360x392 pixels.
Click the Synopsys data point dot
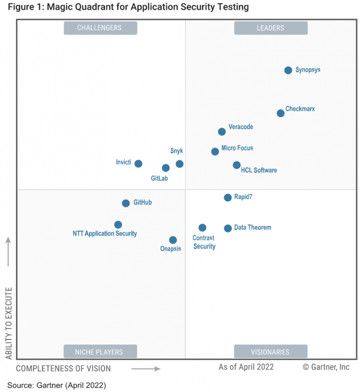point(288,70)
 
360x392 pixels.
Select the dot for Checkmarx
point(280,113)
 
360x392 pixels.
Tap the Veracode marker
point(222,132)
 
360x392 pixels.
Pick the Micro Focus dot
point(215,151)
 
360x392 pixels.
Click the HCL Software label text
point(259,170)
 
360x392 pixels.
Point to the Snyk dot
point(180,164)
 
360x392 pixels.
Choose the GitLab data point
point(165,168)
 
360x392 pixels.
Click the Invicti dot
point(138,164)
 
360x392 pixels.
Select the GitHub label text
point(142,203)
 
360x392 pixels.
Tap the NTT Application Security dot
point(118,225)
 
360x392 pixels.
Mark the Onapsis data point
point(173,240)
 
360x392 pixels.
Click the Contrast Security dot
point(202,228)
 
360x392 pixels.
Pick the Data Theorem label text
point(253,228)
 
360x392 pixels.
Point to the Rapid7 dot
point(227,197)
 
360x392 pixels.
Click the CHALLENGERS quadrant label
point(100,28)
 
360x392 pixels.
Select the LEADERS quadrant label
point(270,28)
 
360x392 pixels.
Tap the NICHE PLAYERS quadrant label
point(100,352)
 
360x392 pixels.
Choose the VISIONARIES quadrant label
point(270,352)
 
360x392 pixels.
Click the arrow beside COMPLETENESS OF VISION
point(146,369)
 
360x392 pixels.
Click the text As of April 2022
point(246,367)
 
